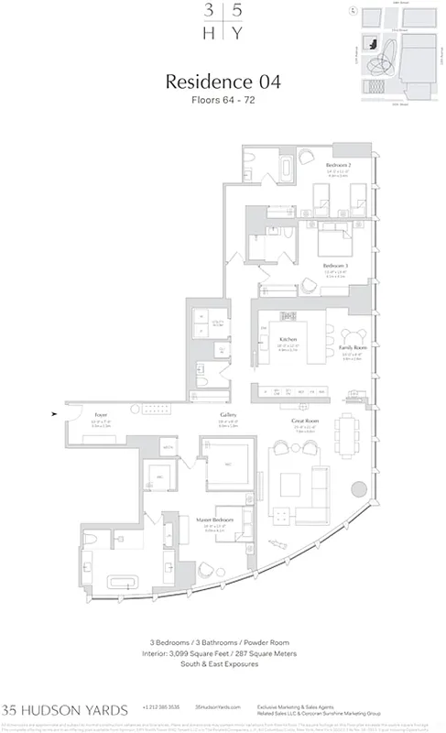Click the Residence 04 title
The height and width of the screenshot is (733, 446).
[223, 83]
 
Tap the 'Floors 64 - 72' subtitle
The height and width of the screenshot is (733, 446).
[223, 100]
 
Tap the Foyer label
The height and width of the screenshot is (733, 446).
[102, 415]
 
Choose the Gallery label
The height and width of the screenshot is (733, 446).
[228, 415]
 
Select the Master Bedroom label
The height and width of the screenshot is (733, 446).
[214, 521]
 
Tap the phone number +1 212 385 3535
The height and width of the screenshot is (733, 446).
[161, 709]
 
